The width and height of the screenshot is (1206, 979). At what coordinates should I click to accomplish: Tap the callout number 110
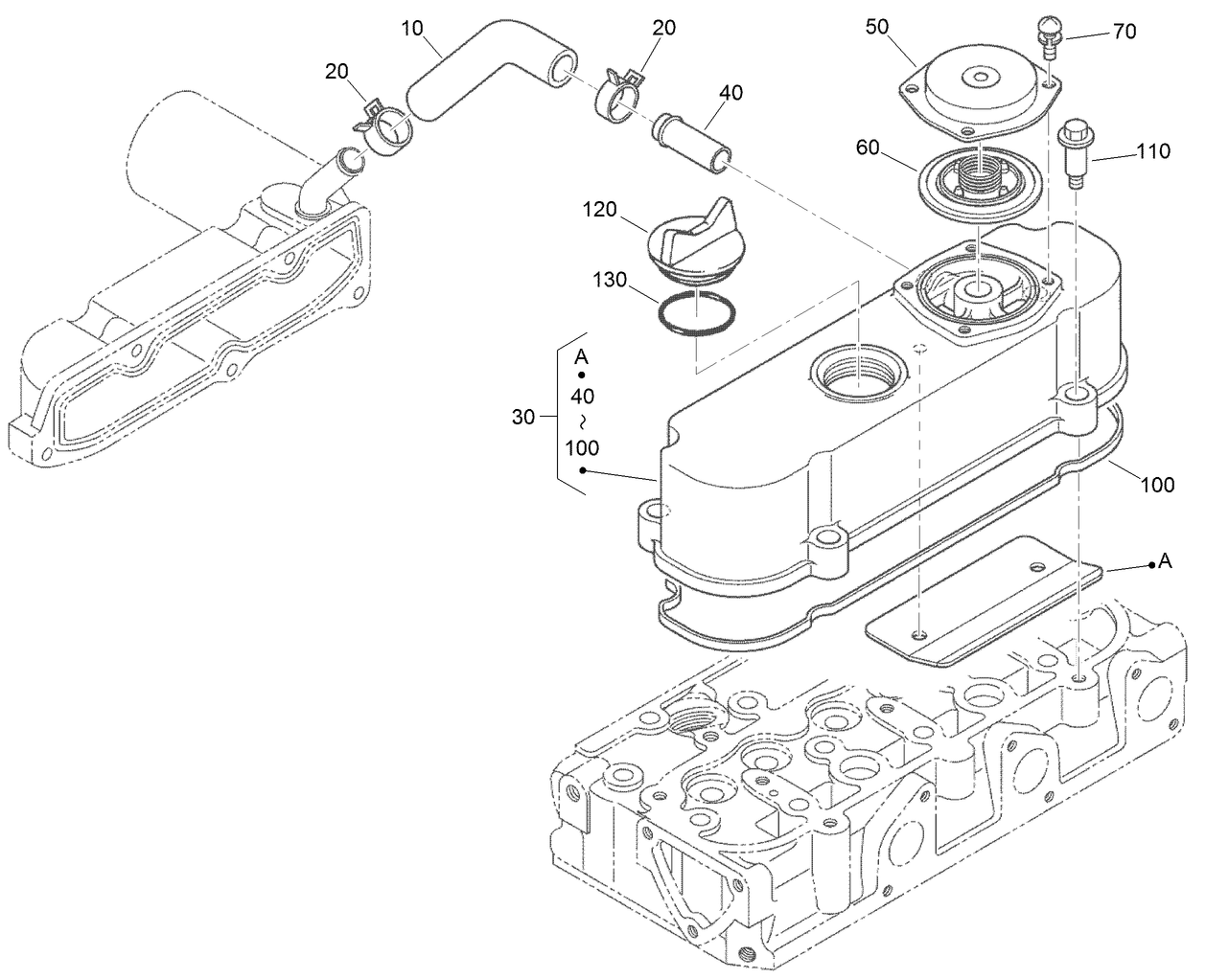1151,151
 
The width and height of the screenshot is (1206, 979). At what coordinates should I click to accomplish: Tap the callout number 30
524,417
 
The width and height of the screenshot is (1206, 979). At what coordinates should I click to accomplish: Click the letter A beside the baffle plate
1165,562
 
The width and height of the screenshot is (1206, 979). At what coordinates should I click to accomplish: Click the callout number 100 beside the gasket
1157,485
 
